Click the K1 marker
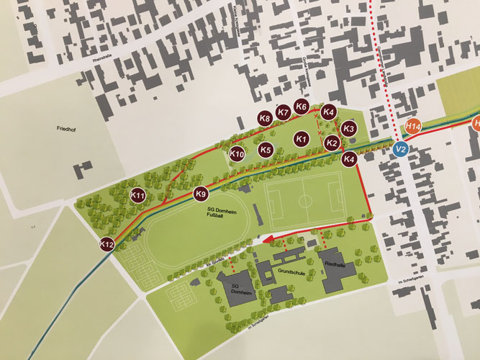pos(302,138)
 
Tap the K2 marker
pos(332,143)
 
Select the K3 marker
pos(349,128)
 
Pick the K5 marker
pos(266,150)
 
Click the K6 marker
pos(302,107)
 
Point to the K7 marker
pos(283,112)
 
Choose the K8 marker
pos(265,119)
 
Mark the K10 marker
pos(237,153)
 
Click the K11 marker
pos(138,195)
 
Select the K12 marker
pos(107,245)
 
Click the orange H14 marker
pos(412,127)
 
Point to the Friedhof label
pos(67,130)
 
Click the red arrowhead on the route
pos(266,239)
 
